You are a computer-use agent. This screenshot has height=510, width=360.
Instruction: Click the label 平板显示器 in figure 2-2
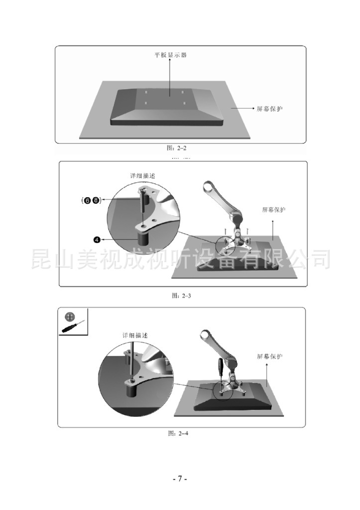tap(170, 55)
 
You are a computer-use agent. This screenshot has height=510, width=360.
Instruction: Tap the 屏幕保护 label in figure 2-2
tap(269, 109)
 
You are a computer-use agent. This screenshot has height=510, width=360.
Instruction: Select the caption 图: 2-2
tap(177, 148)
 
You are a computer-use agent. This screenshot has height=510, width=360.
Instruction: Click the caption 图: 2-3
tap(181, 296)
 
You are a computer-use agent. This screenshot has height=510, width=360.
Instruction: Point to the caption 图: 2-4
tap(178, 433)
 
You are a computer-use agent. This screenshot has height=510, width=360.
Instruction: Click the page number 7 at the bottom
tap(180, 479)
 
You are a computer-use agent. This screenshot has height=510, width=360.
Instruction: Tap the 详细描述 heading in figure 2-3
tap(143, 176)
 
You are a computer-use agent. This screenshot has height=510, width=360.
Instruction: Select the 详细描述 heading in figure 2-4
tap(135, 335)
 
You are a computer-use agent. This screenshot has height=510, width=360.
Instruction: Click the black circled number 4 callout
tap(97, 240)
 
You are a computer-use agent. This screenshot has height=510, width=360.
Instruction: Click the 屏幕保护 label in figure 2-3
tap(273, 210)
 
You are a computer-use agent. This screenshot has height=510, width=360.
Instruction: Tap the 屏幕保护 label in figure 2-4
tap(269, 357)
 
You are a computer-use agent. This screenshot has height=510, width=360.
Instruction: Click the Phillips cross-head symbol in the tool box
tap(70, 316)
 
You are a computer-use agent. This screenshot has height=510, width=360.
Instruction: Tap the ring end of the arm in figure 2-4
tap(206, 335)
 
